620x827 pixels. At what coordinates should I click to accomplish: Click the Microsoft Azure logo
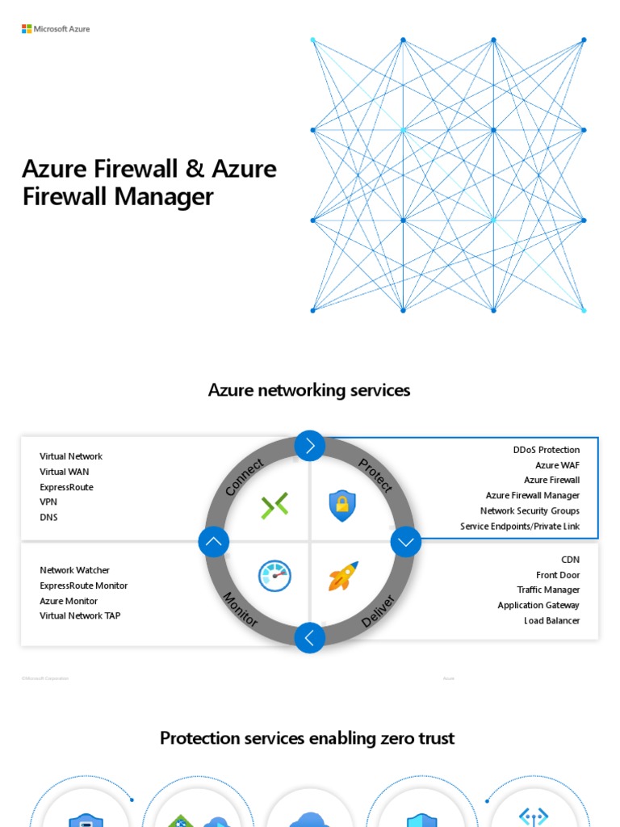click(56, 29)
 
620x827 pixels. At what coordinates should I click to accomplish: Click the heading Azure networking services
click(309, 390)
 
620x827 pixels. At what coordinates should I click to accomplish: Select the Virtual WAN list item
click(65, 472)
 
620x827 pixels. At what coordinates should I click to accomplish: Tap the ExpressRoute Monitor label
click(83, 586)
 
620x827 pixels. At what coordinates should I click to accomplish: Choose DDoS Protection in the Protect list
click(546, 450)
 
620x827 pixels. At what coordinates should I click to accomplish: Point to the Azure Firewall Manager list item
click(532, 495)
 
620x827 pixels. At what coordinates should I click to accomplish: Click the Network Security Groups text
click(530, 510)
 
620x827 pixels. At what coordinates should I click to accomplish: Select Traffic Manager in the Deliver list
click(548, 590)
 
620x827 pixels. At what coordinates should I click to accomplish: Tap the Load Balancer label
click(551, 620)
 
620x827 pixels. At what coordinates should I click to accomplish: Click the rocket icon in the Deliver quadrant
click(343, 576)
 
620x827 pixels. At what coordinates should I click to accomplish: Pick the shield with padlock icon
click(342, 506)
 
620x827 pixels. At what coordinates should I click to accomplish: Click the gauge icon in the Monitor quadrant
click(274, 576)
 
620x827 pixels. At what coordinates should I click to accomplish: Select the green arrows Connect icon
click(274, 506)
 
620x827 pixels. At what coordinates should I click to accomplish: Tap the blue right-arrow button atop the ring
click(310, 445)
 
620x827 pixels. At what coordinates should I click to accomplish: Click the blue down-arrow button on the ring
click(406, 542)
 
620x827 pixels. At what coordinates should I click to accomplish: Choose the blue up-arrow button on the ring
click(214, 542)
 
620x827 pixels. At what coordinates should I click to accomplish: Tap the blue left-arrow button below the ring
click(310, 638)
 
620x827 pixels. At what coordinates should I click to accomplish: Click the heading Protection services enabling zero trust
click(307, 738)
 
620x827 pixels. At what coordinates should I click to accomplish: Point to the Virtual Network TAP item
click(80, 615)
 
